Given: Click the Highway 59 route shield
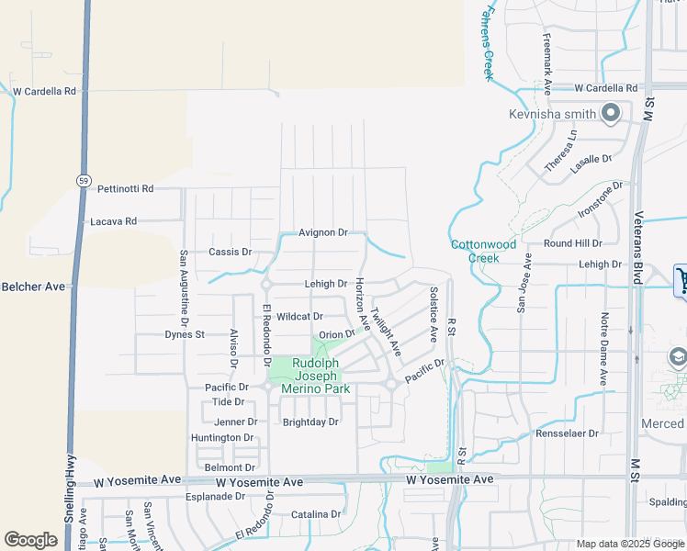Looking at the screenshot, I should pos(83,180).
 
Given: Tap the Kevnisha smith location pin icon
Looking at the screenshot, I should pos(611,114).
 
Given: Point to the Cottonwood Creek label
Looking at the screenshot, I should pos(475,251).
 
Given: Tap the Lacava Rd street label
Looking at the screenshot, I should pos(113,221).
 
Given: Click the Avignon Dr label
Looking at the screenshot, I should pos(323,232).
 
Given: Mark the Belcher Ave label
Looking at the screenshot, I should pos(33,287).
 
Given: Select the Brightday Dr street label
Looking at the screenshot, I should pos(310,422).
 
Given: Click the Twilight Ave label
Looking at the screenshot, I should pos(386,332).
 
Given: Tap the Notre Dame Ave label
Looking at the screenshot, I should pos(603,349).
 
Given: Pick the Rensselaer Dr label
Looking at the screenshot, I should pos(568,433).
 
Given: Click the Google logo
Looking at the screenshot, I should pos(31,540).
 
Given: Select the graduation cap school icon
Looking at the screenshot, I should pos(678,357).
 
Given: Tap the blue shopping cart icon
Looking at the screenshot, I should pos(681,280).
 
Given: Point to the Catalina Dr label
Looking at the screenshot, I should pos(315,514).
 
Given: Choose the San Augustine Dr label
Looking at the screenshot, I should pos(184,289).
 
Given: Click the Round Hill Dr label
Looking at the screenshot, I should pos(572,243).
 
